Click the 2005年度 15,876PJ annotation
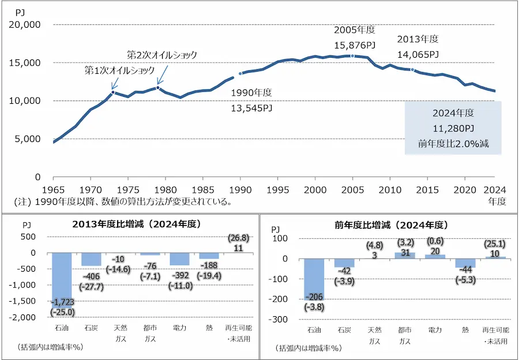pyautogui.click(x=354, y=37)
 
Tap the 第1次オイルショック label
pyautogui.click(x=120, y=70)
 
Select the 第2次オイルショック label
pyautogui.click(x=162, y=55)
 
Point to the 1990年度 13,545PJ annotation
pyautogui.click(x=251, y=100)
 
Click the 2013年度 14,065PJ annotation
pyautogui.click(x=418, y=47)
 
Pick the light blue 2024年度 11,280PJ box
pyautogui.click(x=453, y=128)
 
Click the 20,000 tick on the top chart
pyautogui.click(x=24, y=25)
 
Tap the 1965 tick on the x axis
pyautogui.click(x=53, y=189)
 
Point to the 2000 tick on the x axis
pyautogui.click(x=315, y=189)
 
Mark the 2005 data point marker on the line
pyautogui.click(x=352, y=56)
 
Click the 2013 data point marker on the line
pyautogui.click(x=412, y=69)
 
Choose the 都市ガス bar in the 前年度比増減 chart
pyautogui.click(x=404, y=255)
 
